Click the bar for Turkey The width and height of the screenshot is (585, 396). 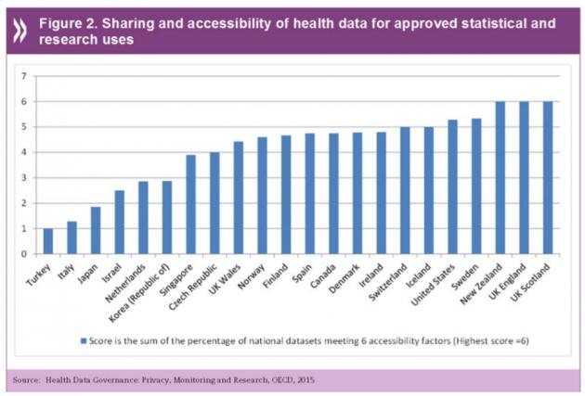pyautogui.click(x=48, y=240)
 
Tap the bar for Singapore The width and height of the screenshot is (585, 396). pyautogui.click(x=191, y=204)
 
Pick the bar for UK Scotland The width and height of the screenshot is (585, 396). pyautogui.click(x=549, y=177)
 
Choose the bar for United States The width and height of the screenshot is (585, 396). pyautogui.click(x=453, y=186)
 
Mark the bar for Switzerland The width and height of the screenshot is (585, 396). pyautogui.click(x=406, y=190)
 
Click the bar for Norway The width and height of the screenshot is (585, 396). pyautogui.click(x=263, y=195)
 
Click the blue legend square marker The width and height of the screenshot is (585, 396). pyautogui.click(x=84, y=342)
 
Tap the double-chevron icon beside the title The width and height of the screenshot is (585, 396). pyautogui.click(x=19, y=27)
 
